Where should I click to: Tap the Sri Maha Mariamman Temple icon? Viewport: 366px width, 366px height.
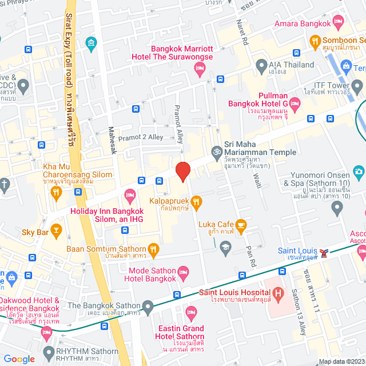(217, 153)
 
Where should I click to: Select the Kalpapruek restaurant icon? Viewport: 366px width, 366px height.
(197, 201)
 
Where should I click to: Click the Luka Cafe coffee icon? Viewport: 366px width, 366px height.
(241, 224)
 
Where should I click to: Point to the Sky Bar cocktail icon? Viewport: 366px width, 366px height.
(56, 232)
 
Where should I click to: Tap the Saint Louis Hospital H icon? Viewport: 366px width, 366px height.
(279, 295)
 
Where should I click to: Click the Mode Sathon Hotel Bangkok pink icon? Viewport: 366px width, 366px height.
(183, 271)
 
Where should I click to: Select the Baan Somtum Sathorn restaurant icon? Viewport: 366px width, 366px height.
(153, 249)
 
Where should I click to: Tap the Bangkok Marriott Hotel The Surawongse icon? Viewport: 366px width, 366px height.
(200, 70)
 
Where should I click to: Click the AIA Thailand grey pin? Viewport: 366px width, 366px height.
(260, 65)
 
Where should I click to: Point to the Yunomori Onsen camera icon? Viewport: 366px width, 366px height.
(359, 171)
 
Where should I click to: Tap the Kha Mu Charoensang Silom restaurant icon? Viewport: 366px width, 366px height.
(56, 193)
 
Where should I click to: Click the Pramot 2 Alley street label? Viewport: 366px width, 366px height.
(142, 137)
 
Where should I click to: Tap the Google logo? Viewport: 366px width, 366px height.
(19, 359)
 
